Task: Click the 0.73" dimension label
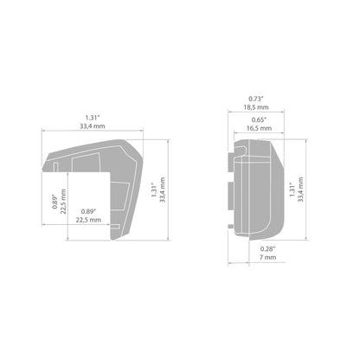coord(256,99)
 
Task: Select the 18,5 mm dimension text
coord(256,107)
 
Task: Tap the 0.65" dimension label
coord(259,120)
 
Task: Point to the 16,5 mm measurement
coord(259,128)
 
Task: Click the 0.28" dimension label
coord(268,249)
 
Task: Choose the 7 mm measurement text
coord(268,257)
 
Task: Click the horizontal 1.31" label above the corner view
coord(93,118)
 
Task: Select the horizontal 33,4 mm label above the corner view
coord(93,126)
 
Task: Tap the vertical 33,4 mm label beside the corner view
coord(163,190)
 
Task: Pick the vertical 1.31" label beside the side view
coord(292,190)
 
